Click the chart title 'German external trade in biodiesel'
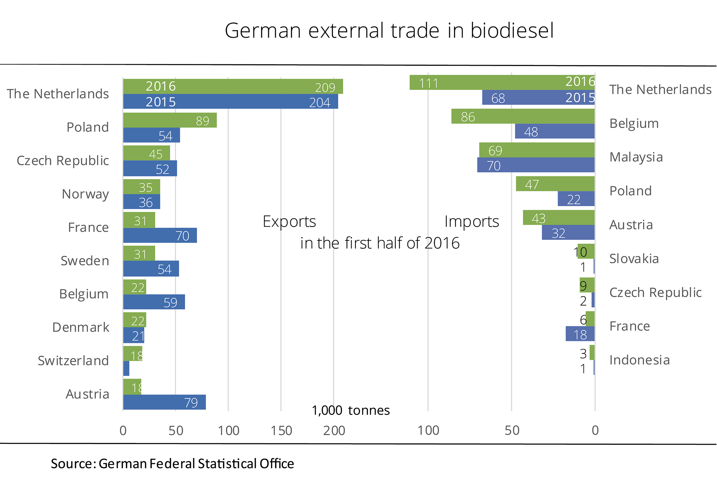coord(389,30)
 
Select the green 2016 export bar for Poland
coord(170,120)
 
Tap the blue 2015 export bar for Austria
coord(164,402)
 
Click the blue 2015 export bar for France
coord(160,236)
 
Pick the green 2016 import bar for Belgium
coord(523,116)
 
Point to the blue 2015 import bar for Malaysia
coord(536,165)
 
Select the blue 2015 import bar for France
coord(580,334)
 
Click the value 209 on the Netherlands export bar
coord(325,87)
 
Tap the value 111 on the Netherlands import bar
coord(429,83)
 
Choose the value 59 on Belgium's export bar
coord(170,302)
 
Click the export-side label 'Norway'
coord(85,194)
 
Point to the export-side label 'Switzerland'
coord(74,361)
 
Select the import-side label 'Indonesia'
coord(639,360)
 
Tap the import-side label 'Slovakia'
coord(634,259)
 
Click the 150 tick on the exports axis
coord(281,431)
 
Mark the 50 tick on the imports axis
coord(511,431)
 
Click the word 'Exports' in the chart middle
coord(289,222)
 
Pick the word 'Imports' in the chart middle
coord(472,222)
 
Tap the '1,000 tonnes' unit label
coord(350,410)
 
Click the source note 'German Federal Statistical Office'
coord(196,464)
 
